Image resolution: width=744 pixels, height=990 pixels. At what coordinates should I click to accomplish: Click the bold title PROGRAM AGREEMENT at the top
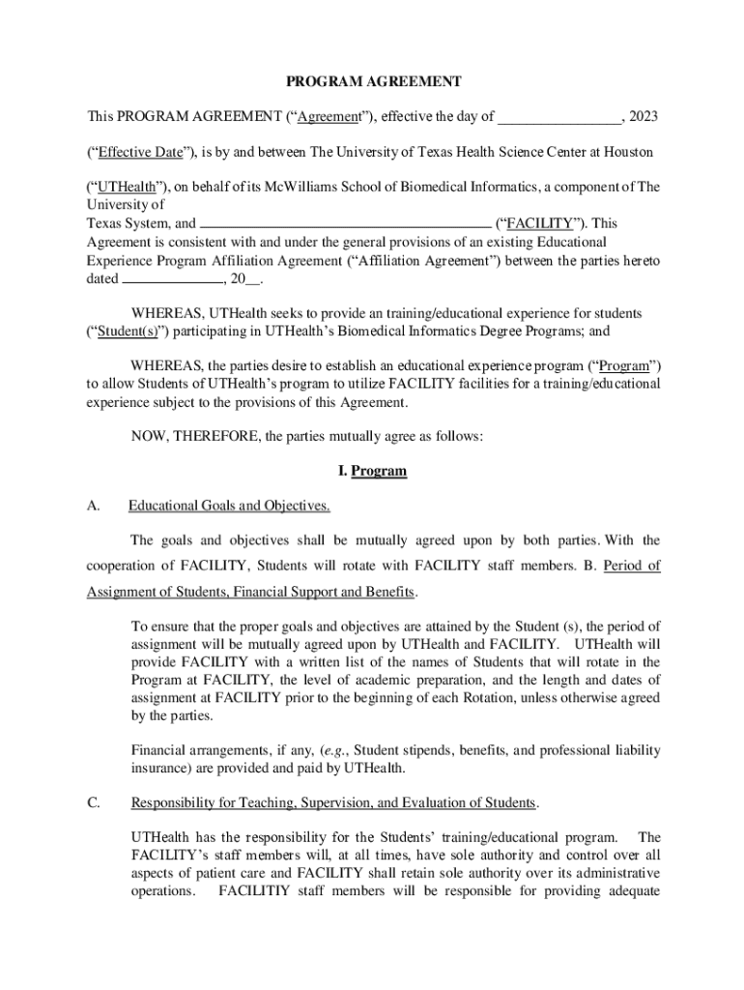pyautogui.click(x=372, y=82)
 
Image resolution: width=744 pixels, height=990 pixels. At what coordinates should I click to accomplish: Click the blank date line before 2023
pyautogui.click(x=559, y=118)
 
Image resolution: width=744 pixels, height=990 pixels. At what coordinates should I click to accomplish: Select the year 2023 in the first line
pyautogui.click(x=644, y=117)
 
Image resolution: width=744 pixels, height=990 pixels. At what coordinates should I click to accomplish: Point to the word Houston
pyautogui.click(x=628, y=153)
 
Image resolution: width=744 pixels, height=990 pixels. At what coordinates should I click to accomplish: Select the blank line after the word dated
pyautogui.click(x=172, y=279)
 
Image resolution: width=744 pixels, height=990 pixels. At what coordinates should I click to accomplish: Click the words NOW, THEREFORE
pyautogui.click(x=194, y=436)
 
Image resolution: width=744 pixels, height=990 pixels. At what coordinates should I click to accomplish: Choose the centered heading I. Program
pyautogui.click(x=372, y=472)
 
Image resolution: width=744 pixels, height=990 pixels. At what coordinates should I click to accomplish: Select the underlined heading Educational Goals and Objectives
pyautogui.click(x=230, y=506)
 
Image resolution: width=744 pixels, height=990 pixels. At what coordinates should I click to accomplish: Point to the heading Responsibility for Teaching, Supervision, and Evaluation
pyautogui.click(x=333, y=803)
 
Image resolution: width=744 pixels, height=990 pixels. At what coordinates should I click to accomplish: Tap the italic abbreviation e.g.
pyautogui.click(x=336, y=750)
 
